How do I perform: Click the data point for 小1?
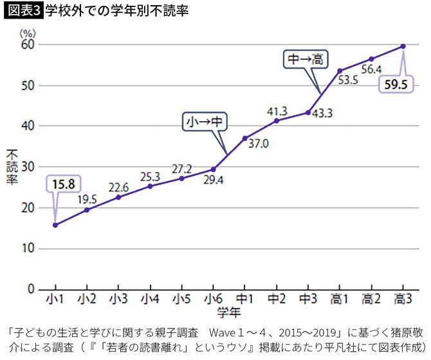(x=55, y=225)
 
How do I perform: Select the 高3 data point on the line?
(x=403, y=46)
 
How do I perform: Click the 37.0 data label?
(x=258, y=144)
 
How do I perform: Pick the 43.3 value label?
(x=322, y=114)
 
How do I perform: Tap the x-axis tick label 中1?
(x=245, y=299)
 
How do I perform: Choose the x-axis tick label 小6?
(x=213, y=299)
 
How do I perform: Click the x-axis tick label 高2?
(x=371, y=299)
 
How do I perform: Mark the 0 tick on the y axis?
(x=30, y=289)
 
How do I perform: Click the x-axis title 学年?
(x=228, y=313)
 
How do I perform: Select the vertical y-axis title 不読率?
(x=12, y=167)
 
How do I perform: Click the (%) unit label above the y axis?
(x=27, y=32)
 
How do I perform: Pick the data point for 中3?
(x=308, y=112)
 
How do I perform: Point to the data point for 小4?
(x=150, y=186)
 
